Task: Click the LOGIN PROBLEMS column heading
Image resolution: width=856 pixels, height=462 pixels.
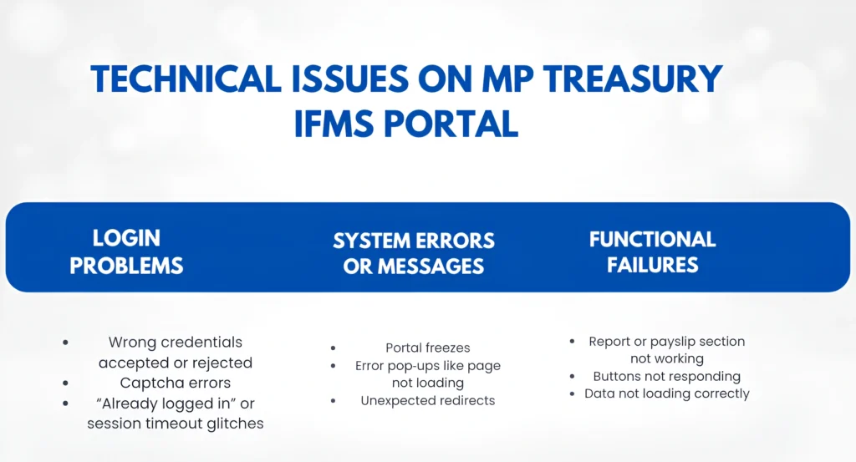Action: [x=126, y=251]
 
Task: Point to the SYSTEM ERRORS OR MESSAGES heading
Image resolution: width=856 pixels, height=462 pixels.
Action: [x=414, y=253]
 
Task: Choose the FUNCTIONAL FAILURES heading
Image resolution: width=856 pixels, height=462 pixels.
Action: [x=652, y=251]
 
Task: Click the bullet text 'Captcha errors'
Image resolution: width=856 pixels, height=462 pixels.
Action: [x=176, y=383]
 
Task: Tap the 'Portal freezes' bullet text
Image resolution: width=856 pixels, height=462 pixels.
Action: [x=428, y=348]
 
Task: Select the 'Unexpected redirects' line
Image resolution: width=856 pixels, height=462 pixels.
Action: [x=428, y=400]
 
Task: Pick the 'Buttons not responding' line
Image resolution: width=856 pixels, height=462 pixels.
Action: [x=667, y=376]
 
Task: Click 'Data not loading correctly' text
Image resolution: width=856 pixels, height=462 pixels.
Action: [x=667, y=393]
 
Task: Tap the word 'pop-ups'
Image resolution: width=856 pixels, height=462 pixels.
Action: [x=417, y=365]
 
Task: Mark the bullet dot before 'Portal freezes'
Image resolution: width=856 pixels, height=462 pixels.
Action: [x=334, y=348]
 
